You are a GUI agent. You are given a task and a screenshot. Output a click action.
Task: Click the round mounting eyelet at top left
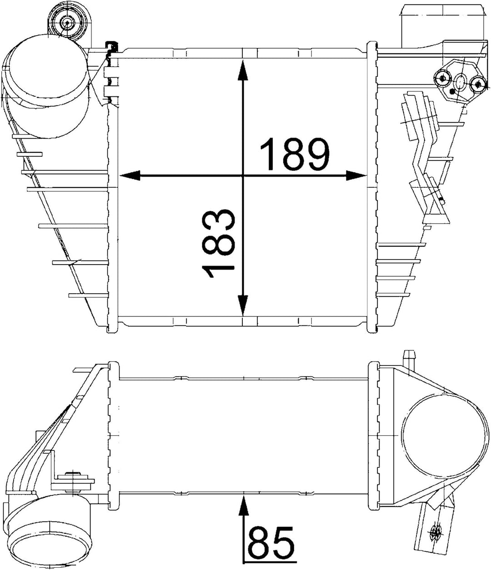pyautogui.click(x=67, y=21)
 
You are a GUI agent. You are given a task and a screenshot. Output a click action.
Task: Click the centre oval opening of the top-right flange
pyautogui.click(x=460, y=82)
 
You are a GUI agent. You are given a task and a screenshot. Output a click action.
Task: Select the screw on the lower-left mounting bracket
pyautogui.click(x=72, y=477)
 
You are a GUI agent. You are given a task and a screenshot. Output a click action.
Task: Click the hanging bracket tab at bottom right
pyautogui.click(x=434, y=527)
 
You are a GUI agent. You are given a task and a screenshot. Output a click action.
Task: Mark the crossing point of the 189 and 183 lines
pyautogui.click(x=243, y=175)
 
